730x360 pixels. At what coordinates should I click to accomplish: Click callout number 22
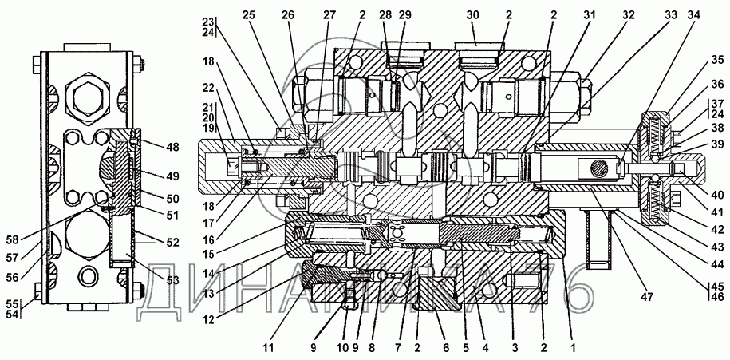(208, 87)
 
